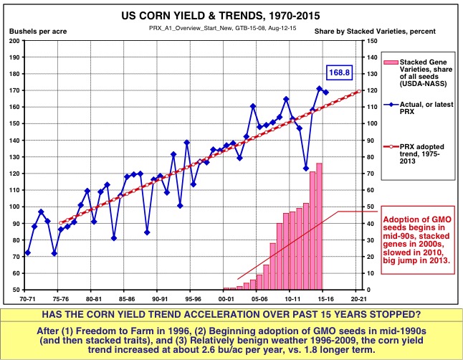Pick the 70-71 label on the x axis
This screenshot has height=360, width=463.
coord(27,298)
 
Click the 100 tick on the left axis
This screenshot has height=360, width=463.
coord(14,207)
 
